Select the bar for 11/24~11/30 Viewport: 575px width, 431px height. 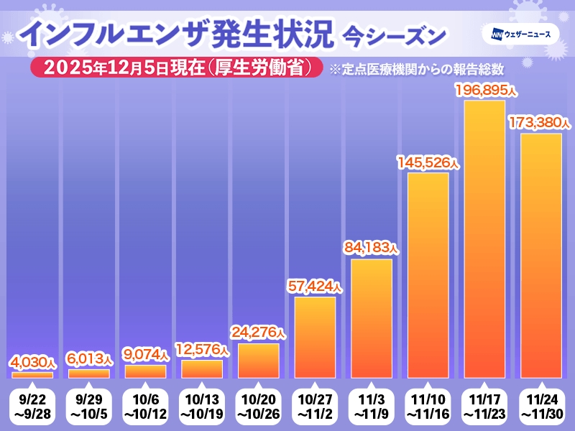[541, 256]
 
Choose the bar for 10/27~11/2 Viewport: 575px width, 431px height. [315, 338]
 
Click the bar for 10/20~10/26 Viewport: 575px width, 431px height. [258, 361]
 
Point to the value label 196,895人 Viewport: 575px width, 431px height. [486, 90]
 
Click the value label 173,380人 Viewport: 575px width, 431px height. [539, 123]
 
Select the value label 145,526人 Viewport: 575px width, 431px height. [428, 162]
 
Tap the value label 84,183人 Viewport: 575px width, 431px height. [371, 249]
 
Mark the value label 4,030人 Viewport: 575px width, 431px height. [32, 361]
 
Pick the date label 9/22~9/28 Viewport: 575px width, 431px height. [32, 405]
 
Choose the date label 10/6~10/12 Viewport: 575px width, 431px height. [145, 405]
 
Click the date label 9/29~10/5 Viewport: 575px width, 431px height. [89, 405]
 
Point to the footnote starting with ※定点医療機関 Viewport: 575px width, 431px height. [415, 69]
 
